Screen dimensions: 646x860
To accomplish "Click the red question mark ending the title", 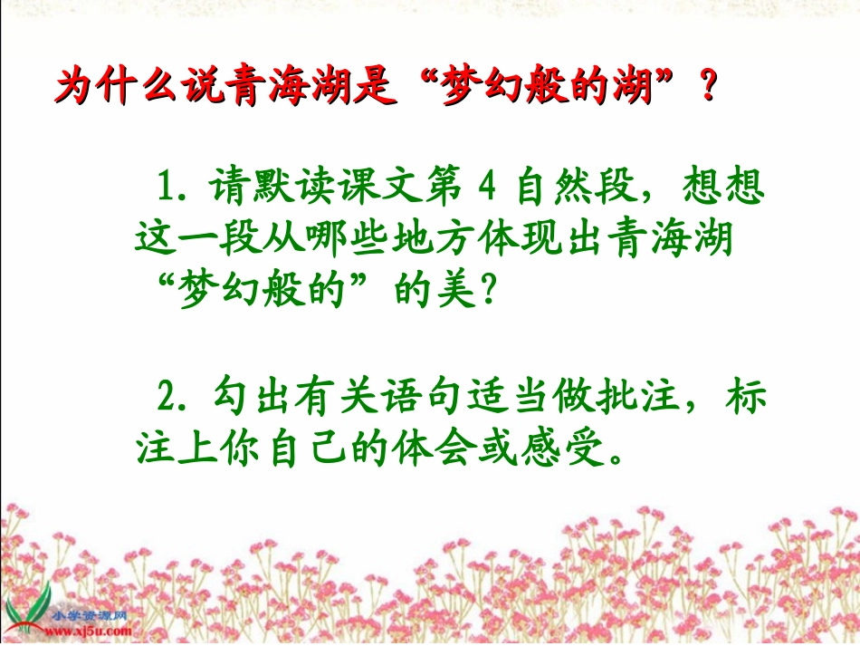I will pos(703,89).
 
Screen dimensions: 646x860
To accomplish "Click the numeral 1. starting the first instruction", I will pos(168,188).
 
